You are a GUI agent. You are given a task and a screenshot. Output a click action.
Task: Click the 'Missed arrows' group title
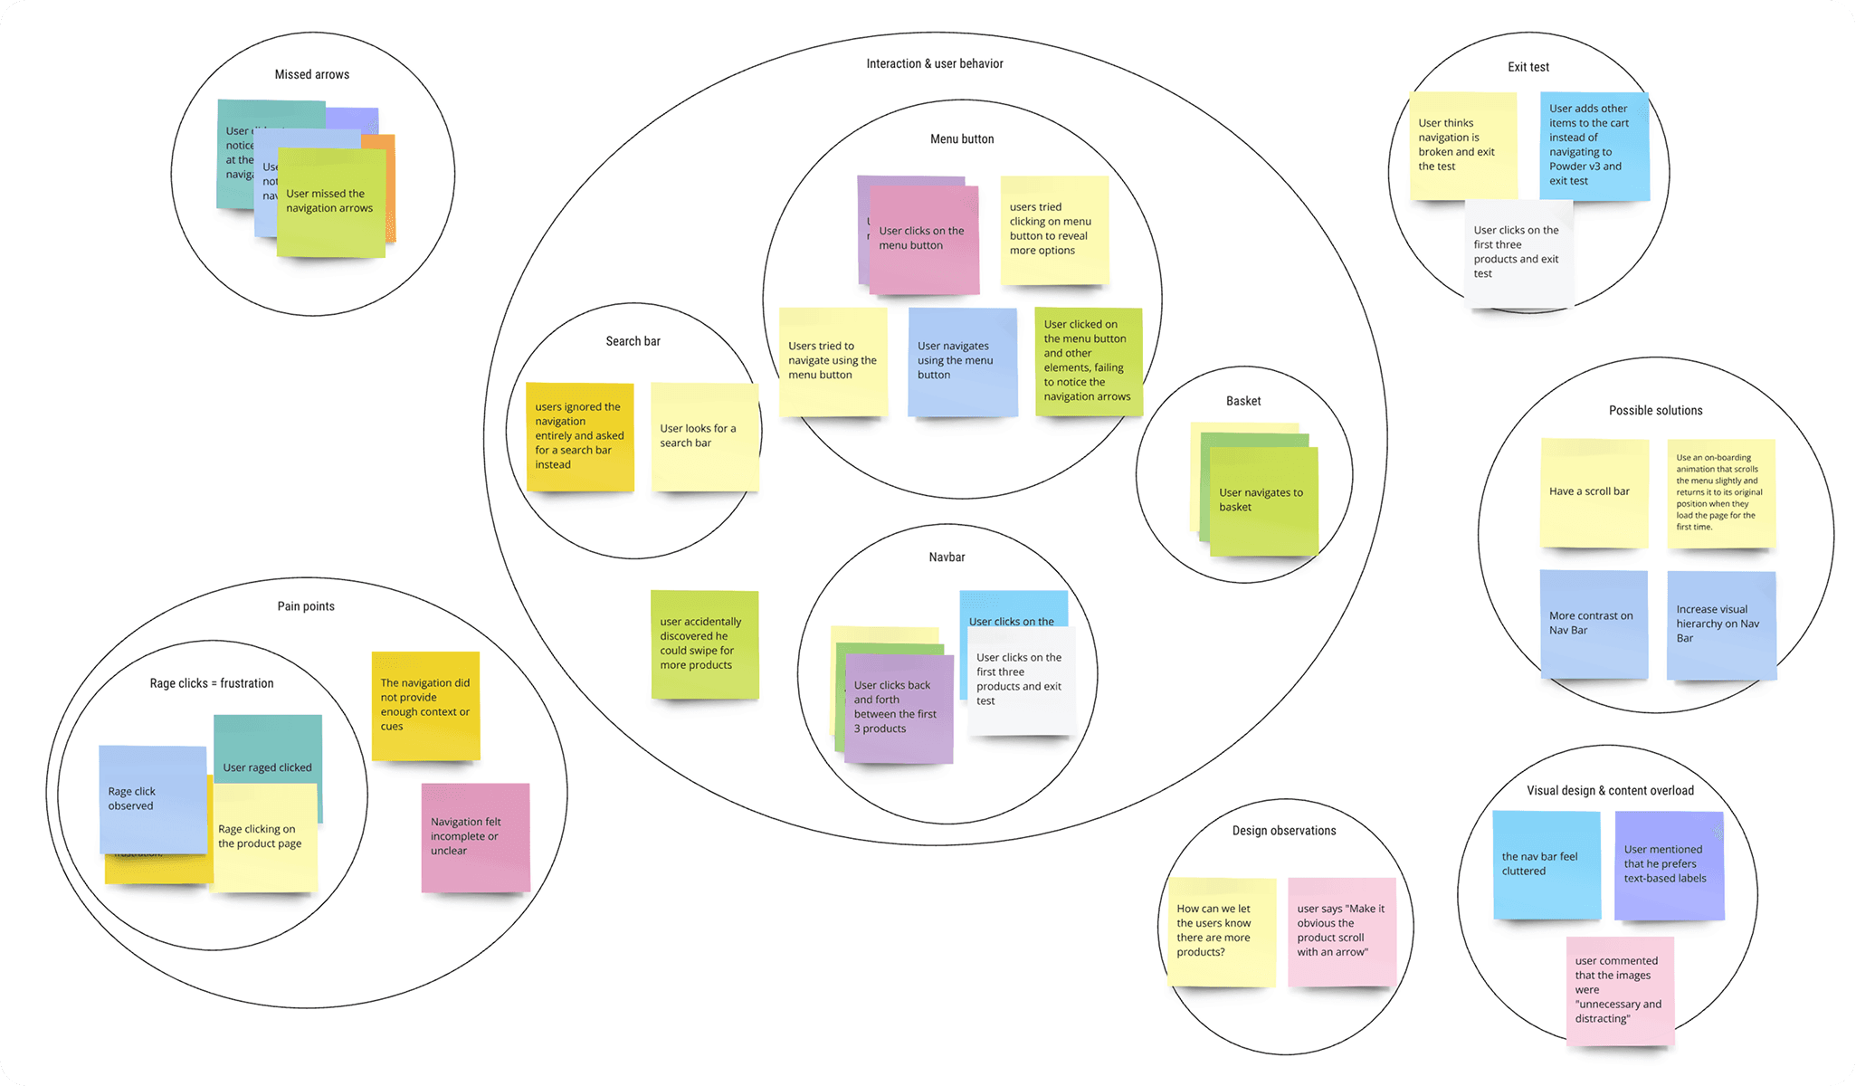tap(311, 74)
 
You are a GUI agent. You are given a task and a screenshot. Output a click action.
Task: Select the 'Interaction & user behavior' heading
tap(934, 63)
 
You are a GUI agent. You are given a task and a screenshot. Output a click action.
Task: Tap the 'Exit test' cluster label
tap(1528, 67)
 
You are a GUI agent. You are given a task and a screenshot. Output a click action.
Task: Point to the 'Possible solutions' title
tap(1655, 410)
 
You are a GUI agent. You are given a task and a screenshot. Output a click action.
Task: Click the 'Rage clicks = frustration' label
tap(212, 683)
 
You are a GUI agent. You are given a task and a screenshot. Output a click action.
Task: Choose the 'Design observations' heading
tap(1283, 831)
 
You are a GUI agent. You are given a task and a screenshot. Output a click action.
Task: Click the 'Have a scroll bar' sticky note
tap(1594, 492)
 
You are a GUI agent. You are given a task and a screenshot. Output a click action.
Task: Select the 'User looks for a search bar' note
tap(704, 436)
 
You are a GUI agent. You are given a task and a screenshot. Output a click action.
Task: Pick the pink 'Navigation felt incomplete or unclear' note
tap(475, 836)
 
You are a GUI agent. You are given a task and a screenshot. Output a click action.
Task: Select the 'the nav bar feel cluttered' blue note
tap(1546, 863)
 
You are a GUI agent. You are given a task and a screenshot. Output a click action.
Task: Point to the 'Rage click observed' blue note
tap(152, 798)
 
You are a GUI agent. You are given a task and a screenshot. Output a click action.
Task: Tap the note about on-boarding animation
tap(1720, 492)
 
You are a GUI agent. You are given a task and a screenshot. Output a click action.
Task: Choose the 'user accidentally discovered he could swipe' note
tap(704, 643)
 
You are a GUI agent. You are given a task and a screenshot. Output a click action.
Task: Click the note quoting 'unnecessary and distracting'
tap(1620, 990)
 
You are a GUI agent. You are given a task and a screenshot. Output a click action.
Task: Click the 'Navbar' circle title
tap(947, 557)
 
